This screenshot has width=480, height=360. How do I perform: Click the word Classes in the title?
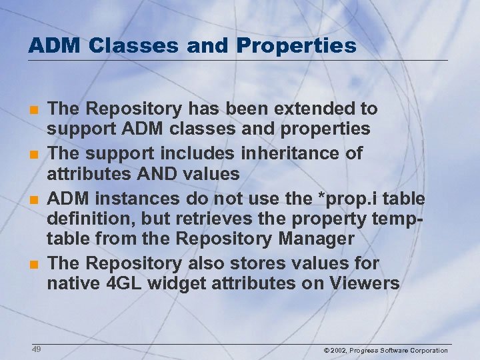click(x=123, y=45)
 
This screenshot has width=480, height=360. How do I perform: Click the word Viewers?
click(x=364, y=284)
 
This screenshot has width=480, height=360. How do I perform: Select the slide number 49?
click(x=36, y=349)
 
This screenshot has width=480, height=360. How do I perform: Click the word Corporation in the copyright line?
click(x=427, y=350)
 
